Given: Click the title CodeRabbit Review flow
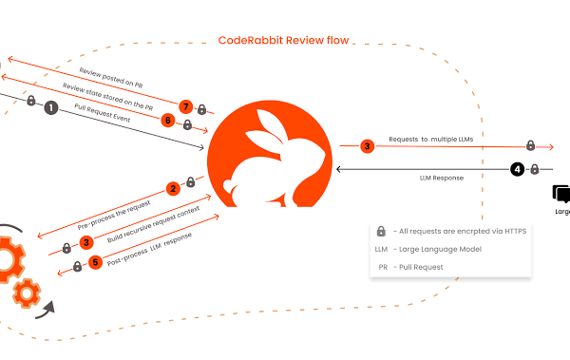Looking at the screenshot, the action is click(x=283, y=40).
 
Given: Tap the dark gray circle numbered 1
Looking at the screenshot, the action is click(x=51, y=107).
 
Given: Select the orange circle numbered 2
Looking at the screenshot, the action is click(x=173, y=188).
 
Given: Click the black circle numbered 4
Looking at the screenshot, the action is click(x=518, y=169).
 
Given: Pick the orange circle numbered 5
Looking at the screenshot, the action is click(x=95, y=262).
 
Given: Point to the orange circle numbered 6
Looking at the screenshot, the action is click(x=168, y=120).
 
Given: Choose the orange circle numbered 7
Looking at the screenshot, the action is click(x=186, y=106).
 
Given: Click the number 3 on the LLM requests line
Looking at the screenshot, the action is click(x=367, y=146).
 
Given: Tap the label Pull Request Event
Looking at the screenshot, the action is click(x=103, y=113).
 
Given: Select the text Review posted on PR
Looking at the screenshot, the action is click(x=111, y=78).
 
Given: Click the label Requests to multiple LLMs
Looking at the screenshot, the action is click(x=430, y=139).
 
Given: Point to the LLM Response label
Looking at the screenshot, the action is click(x=442, y=178).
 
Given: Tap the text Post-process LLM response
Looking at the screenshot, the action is click(x=149, y=249).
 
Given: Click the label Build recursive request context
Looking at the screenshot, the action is click(x=153, y=224).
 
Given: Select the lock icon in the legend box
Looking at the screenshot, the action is click(x=381, y=231).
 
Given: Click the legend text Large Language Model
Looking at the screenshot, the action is click(x=440, y=249).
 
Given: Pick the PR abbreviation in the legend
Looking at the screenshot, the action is click(x=383, y=267).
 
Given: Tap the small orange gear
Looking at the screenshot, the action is click(x=27, y=294).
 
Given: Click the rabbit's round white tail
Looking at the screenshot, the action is click(x=229, y=186).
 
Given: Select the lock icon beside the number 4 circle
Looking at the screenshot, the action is click(x=534, y=169).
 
